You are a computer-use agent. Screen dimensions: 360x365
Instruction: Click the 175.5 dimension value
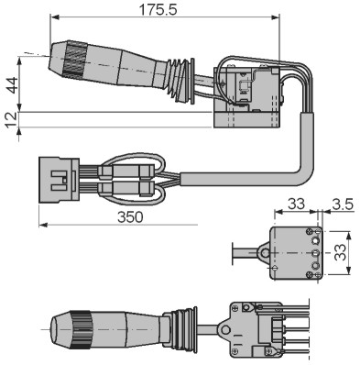(x=158, y=10)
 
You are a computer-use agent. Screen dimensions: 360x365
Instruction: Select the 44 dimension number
(x=13, y=85)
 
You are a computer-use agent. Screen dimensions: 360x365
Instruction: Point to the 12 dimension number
(x=11, y=119)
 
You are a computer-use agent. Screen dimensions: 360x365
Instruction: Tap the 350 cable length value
(x=130, y=217)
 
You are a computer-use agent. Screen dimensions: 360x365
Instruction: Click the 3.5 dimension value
(x=343, y=204)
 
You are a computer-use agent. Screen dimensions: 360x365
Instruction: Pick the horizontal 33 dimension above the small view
(x=296, y=204)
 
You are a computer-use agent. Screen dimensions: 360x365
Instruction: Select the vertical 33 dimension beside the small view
(x=340, y=252)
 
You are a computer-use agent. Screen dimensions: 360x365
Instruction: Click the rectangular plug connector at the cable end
(x=59, y=180)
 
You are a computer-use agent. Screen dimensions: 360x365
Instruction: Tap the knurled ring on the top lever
(x=75, y=58)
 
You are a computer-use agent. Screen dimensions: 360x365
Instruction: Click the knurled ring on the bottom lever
(x=81, y=329)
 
